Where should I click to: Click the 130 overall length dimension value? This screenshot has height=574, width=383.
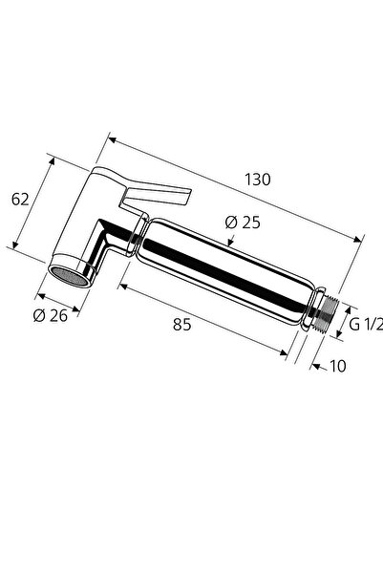pos(258,179)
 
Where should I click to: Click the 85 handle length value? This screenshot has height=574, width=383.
pos(182,324)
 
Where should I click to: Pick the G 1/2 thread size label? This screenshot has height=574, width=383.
pos(365,324)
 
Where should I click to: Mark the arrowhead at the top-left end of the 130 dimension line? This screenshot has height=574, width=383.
pos(111,141)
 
